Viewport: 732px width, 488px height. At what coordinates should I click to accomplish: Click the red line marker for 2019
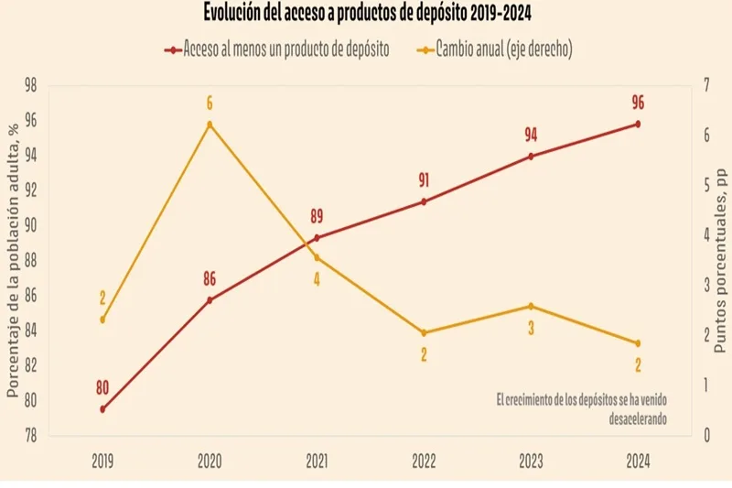[x=102, y=409]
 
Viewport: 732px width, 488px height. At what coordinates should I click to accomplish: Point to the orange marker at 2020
[x=210, y=125]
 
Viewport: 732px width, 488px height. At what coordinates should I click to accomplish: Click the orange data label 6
[x=210, y=103]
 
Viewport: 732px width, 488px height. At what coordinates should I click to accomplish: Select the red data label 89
[x=317, y=217]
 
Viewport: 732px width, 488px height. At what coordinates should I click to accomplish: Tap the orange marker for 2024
[x=638, y=343]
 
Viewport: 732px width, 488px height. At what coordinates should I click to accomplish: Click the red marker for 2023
[x=531, y=157]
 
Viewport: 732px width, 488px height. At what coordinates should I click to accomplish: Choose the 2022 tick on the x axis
[x=424, y=462]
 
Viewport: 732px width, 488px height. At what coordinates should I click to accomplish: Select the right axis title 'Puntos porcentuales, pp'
[x=722, y=260]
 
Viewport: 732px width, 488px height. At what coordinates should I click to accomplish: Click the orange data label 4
[x=317, y=279]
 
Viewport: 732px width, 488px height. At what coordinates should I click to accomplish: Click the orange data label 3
[x=531, y=327]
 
